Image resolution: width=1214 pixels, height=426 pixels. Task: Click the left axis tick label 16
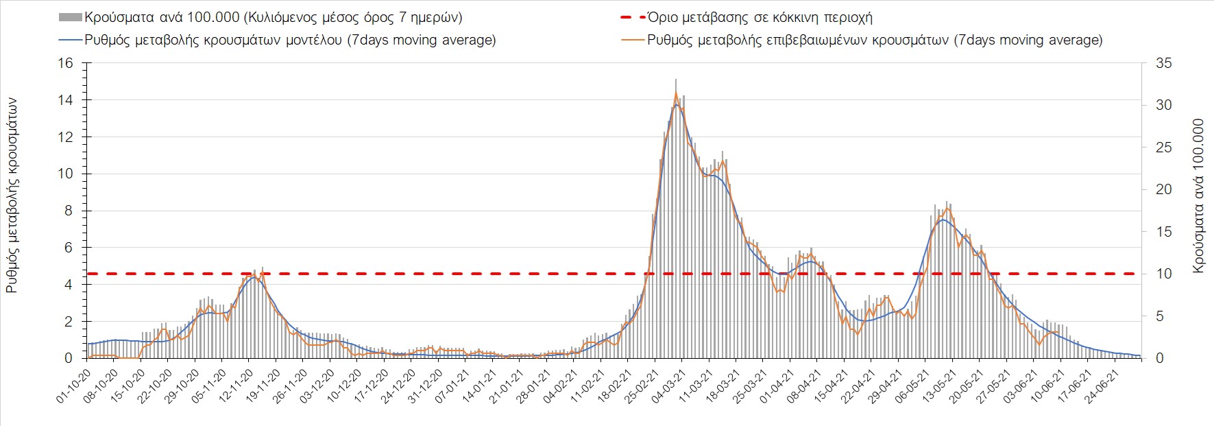point(65,63)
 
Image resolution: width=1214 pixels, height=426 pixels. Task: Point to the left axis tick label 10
point(65,174)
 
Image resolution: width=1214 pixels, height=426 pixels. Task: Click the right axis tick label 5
point(1160,316)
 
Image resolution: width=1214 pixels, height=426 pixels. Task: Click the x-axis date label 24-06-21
point(1104,386)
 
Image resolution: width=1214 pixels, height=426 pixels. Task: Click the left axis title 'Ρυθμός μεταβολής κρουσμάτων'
point(12,196)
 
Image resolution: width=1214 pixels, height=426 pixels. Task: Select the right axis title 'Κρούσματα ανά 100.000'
point(1198,196)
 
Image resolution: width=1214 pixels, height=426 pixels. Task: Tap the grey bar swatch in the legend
point(71,17)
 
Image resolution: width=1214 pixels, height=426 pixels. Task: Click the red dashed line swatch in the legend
point(633,17)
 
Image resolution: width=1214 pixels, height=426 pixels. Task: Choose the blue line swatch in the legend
point(71,40)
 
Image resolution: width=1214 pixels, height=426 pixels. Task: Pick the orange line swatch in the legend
point(633,40)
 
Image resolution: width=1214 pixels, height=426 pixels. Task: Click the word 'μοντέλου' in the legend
point(311,40)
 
